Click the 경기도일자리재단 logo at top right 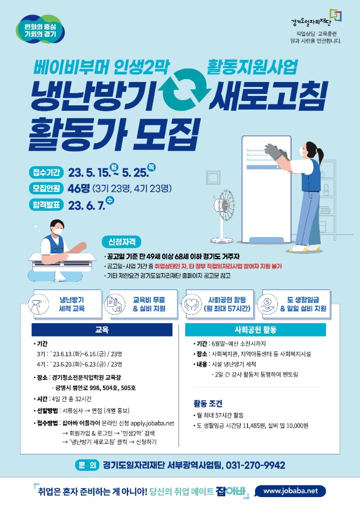tap(316, 18)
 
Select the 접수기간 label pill tap(46, 172)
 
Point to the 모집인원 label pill tap(46, 188)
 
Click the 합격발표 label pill tap(46, 204)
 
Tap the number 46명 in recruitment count tap(79, 188)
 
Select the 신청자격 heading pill tap(122, 242)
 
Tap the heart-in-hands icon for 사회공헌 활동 tap(191, 305)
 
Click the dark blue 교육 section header tap(102, 330)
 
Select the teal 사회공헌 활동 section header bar tap(256, 330)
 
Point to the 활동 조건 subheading tap(208, 404)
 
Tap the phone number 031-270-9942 tap(256, 465)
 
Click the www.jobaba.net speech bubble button tap(290, 491)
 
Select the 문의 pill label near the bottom tap(87, 465)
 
